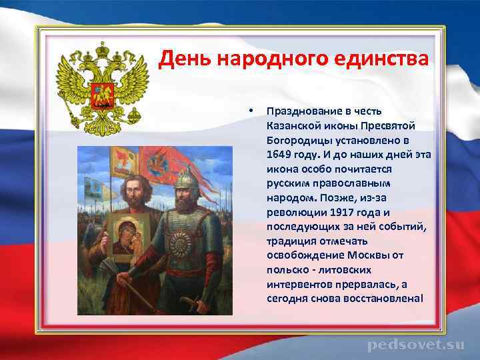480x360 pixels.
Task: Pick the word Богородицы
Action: tap(295, 140)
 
